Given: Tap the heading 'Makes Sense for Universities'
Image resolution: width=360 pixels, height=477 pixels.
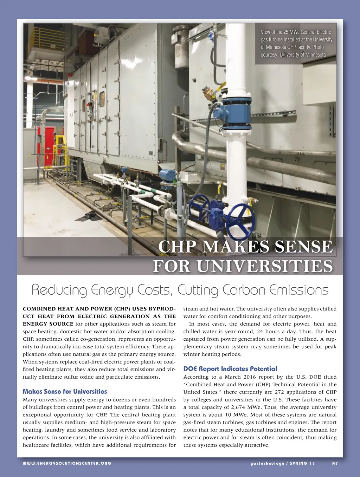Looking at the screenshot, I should tap(65, 391).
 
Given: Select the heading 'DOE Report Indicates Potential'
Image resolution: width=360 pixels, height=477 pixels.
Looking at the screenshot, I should tap(230, 368).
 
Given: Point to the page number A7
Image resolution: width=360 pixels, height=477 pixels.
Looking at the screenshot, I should tap(335, 463).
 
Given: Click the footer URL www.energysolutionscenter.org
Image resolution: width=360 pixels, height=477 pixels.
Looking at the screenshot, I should tap(67, 463).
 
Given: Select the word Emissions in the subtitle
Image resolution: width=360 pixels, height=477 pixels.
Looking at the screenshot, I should tap(299, 290).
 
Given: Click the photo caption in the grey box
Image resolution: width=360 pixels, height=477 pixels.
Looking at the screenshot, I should tap(296, 43).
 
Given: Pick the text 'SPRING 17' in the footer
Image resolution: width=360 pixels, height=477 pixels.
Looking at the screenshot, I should tap(302, 463).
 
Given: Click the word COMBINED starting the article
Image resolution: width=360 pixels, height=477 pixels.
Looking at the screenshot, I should tap(39, 309).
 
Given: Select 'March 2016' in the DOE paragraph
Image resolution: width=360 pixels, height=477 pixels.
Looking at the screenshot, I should tap(242, 377).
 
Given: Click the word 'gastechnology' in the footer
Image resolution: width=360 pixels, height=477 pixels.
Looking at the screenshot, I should tap(267, 463).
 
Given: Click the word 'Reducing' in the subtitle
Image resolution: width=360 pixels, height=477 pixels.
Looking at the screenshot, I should tap(59, 290).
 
